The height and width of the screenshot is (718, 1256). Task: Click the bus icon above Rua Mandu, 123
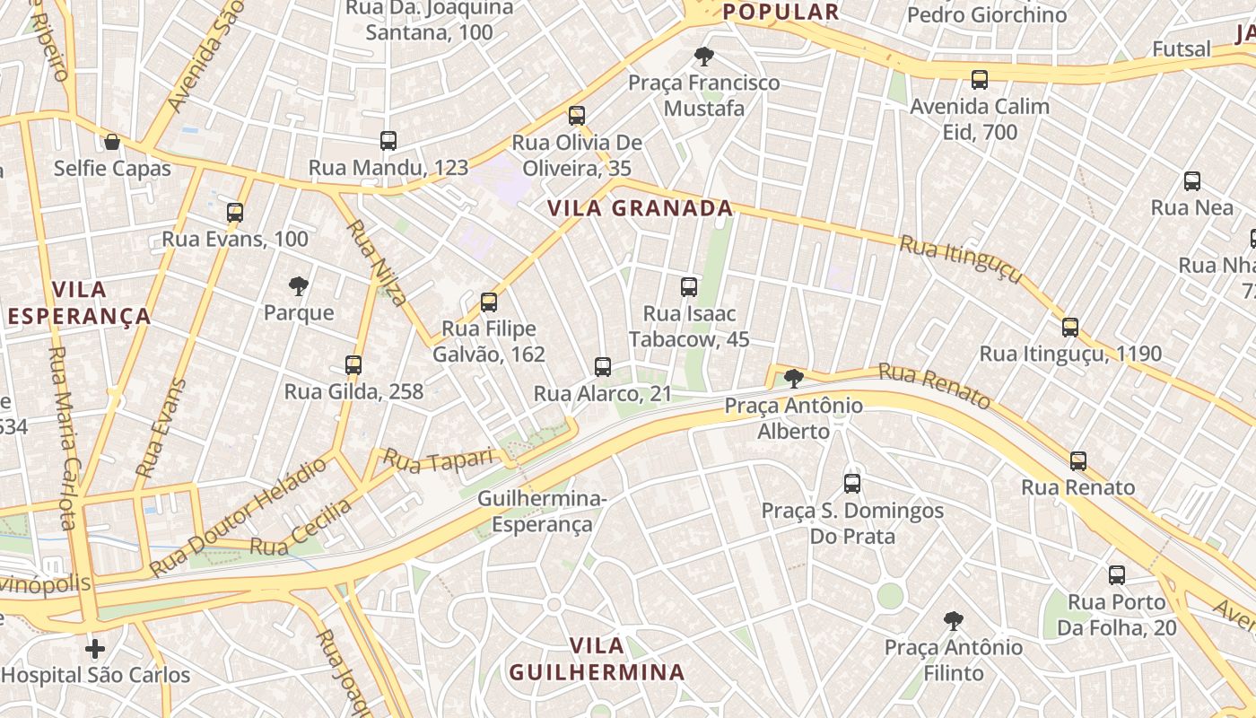click(388, 140)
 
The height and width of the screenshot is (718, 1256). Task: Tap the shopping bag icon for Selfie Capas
click(112, 142)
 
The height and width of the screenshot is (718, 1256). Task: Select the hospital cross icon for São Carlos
click(95, 648)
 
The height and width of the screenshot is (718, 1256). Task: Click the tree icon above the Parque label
click(299, 286)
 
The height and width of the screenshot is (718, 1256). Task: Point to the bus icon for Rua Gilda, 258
click(353, 365)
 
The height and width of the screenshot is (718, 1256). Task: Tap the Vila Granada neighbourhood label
click(640, 208)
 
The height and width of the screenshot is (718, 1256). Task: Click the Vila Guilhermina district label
click(597, 659)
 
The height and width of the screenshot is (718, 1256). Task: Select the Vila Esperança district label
click(79, 302)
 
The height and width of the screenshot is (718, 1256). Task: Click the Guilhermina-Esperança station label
click(542, 511)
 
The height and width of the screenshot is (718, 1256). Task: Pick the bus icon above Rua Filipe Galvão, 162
click(489, 302)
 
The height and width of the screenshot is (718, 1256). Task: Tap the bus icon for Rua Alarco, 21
click(603, 367)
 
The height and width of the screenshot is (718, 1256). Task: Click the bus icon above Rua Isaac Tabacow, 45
click(689, 287)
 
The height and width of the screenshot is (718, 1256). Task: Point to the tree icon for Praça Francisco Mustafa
click(704, 57)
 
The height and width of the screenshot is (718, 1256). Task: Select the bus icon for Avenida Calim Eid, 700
click(980, 80)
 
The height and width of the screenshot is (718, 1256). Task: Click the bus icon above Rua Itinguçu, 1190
click(1070, 328)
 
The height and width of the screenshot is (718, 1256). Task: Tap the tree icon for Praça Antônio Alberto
click(794, 379)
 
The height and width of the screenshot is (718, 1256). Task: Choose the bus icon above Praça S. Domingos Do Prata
click(852, 484)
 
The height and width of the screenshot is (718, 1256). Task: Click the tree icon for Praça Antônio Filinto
click(954, 620)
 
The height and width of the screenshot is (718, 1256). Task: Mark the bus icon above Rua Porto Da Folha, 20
click(1117, 575)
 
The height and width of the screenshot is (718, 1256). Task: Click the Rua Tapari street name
click(440, 459)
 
